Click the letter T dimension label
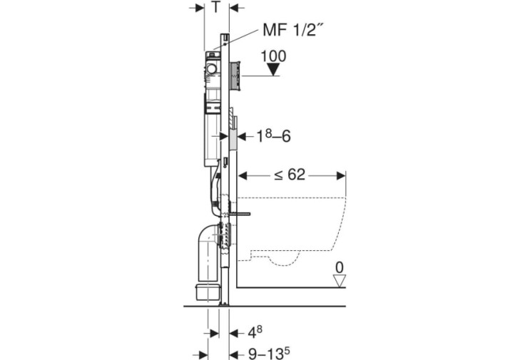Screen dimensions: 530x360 [216, 6]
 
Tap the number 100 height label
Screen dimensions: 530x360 [274, 56]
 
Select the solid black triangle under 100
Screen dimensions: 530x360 [273, 70]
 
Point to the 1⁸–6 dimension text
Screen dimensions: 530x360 [274, 136]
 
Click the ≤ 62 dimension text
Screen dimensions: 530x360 [290, 175]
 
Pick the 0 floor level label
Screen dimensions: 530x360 [340, 267]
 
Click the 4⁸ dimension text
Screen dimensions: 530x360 [255, 332]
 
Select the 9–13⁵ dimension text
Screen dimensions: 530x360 [269, 353]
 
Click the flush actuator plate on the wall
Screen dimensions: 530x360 [235, 76]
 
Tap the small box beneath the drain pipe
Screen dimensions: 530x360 [207, 292]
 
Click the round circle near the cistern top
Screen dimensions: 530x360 [212, 69]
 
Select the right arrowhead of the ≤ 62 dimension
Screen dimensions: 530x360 [341, 175]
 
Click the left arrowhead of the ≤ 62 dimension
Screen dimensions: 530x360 [243, 175]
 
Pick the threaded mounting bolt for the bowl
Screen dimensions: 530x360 [239, 214]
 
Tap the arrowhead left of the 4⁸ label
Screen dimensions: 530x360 [235, 334]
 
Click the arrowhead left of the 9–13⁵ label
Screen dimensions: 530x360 [235, 354]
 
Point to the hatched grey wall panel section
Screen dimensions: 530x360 [233, 139]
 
